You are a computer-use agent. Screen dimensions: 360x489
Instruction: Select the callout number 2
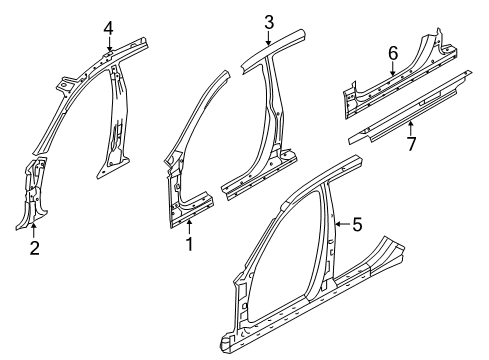[x=35, y=247]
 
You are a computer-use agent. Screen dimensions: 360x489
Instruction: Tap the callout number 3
[x=269, y=22]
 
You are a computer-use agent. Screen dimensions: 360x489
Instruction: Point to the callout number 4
[x=109, y=27]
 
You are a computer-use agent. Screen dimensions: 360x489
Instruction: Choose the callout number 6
[x=393, y=53]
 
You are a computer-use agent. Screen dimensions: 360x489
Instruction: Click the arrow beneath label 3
[x=269, y=38]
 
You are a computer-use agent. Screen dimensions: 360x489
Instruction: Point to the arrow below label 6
[x=393, y=69]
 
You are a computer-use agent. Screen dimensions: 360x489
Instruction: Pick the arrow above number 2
[x=35, y=231]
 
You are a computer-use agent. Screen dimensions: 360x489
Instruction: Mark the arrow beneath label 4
[x=109, y=44]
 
